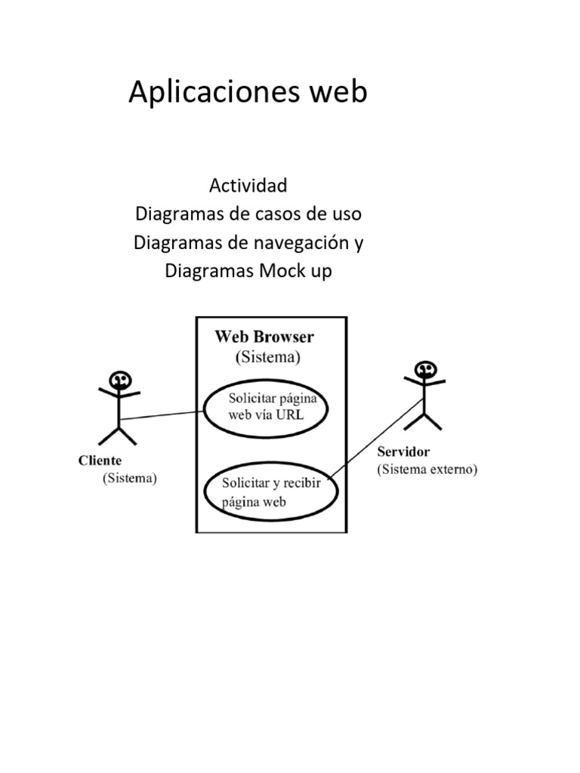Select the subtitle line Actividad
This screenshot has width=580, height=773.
(x=248, y=185)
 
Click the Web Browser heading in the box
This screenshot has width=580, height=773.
(x=264, y=337)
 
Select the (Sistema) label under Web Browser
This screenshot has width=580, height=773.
(x=268, y=356)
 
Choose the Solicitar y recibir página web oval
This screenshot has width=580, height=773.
(x=271, y=492)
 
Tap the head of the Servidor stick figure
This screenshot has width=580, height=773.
(x=425, y=369)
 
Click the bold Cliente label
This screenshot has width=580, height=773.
(x=100, y=460)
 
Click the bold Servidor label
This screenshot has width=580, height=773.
(x=403, y=452)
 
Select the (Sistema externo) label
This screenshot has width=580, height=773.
(x=427, y=470)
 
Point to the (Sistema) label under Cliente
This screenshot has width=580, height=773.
(x=130, y=478)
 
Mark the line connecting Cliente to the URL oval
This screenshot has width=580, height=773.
(x=162, y=414)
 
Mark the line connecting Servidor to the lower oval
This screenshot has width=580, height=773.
(x=376, y=439)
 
